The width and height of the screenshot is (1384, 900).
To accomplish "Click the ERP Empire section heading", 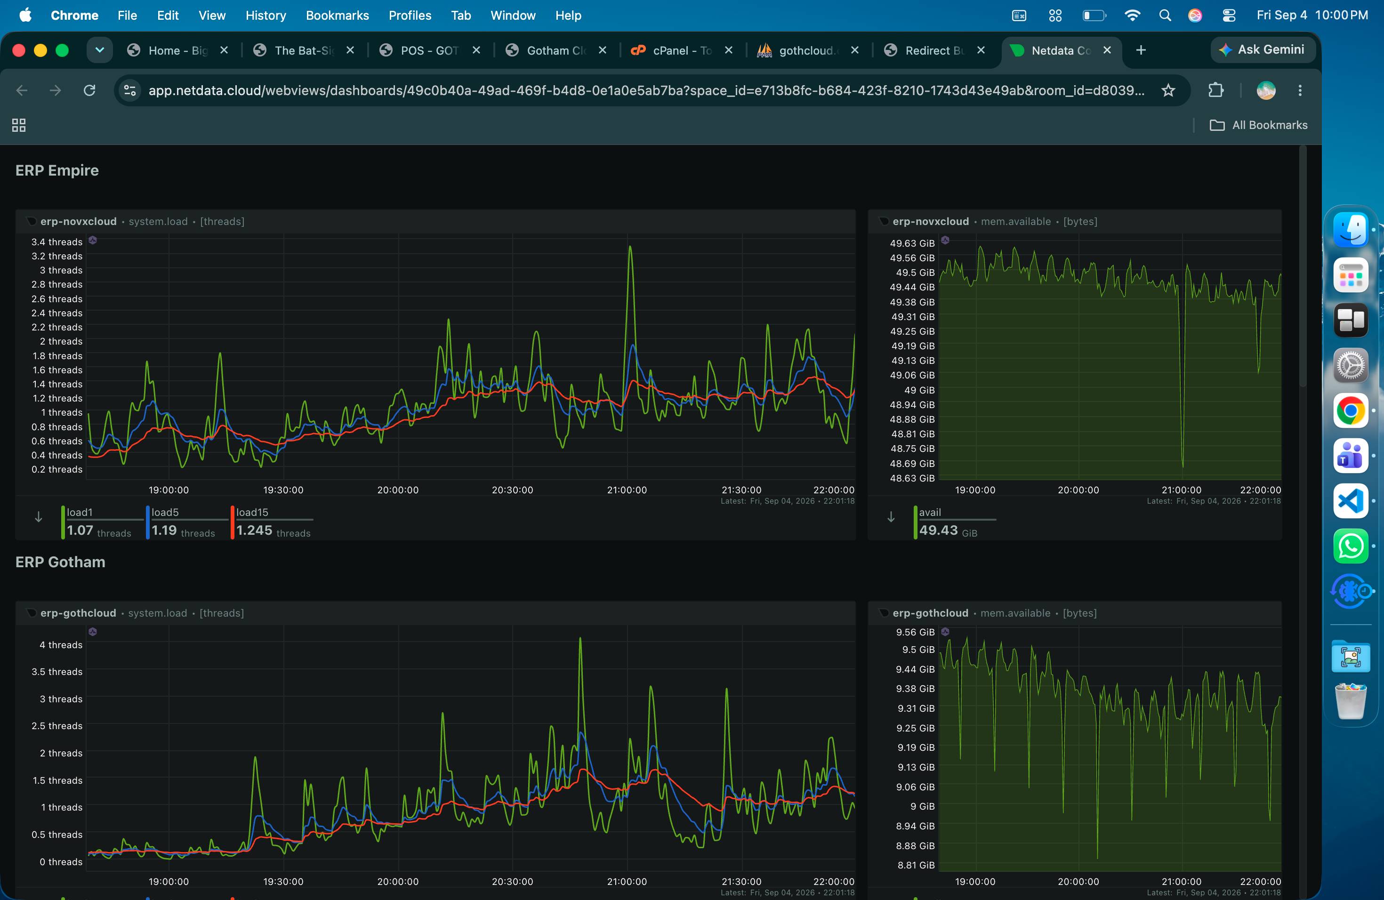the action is tap(57, 170).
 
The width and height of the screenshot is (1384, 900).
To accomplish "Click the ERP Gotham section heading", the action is tap(60, 562).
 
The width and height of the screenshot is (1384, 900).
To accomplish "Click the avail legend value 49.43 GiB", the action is tap(948, 530).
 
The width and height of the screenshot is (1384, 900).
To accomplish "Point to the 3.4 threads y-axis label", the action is tap(57, 242).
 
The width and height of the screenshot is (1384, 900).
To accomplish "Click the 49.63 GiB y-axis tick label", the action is tap(912, 243).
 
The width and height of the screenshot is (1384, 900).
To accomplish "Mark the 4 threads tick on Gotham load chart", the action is tap(61, 645).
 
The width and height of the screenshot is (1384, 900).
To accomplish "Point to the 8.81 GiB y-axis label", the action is tap(916, 865).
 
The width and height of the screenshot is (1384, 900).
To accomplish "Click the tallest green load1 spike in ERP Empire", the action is tap(630, 247).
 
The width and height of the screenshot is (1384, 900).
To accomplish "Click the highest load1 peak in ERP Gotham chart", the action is tap(580, 638).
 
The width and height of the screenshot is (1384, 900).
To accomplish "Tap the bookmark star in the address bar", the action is tap(1167, 90).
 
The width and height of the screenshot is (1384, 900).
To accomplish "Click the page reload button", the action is tap(89, 90).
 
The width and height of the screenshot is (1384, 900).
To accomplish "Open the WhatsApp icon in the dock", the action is tap(1350, 546).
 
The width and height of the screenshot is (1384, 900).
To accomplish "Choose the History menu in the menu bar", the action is tap(266, 16).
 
